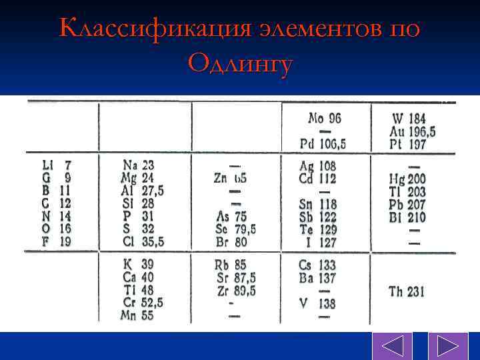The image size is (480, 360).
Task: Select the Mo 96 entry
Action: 325,118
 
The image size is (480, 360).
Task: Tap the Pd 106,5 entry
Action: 323,144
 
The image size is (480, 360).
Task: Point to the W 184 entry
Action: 409,119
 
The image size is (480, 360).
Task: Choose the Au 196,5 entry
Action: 412,131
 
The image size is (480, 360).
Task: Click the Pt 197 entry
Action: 408,144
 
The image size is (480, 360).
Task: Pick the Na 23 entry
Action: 138,164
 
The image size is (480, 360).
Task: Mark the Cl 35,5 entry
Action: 143,241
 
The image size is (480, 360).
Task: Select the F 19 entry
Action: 57,241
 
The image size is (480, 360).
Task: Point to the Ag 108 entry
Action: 318,165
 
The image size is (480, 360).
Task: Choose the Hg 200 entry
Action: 407,179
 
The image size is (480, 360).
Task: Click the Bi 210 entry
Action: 407,217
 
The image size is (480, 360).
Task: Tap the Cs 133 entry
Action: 317,265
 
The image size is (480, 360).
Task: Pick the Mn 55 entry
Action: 137,315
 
